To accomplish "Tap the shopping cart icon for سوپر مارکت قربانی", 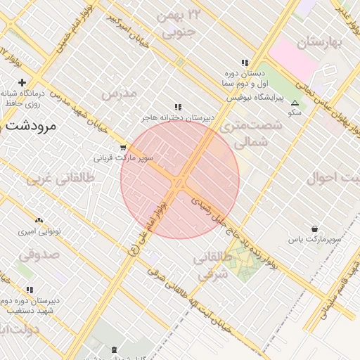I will click(124, 148).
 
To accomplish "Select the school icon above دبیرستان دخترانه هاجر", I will click(178, 107).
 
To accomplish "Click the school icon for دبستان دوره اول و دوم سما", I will click(245, 63).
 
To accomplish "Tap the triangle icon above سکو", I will click(295, 103).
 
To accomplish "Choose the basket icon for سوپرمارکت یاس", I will click(314, 229).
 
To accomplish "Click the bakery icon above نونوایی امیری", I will click(39, 221).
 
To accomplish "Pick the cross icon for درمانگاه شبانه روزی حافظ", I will click(22, 83).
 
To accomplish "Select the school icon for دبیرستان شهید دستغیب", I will click(30, 290).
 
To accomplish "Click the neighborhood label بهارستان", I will click(323, 43).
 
